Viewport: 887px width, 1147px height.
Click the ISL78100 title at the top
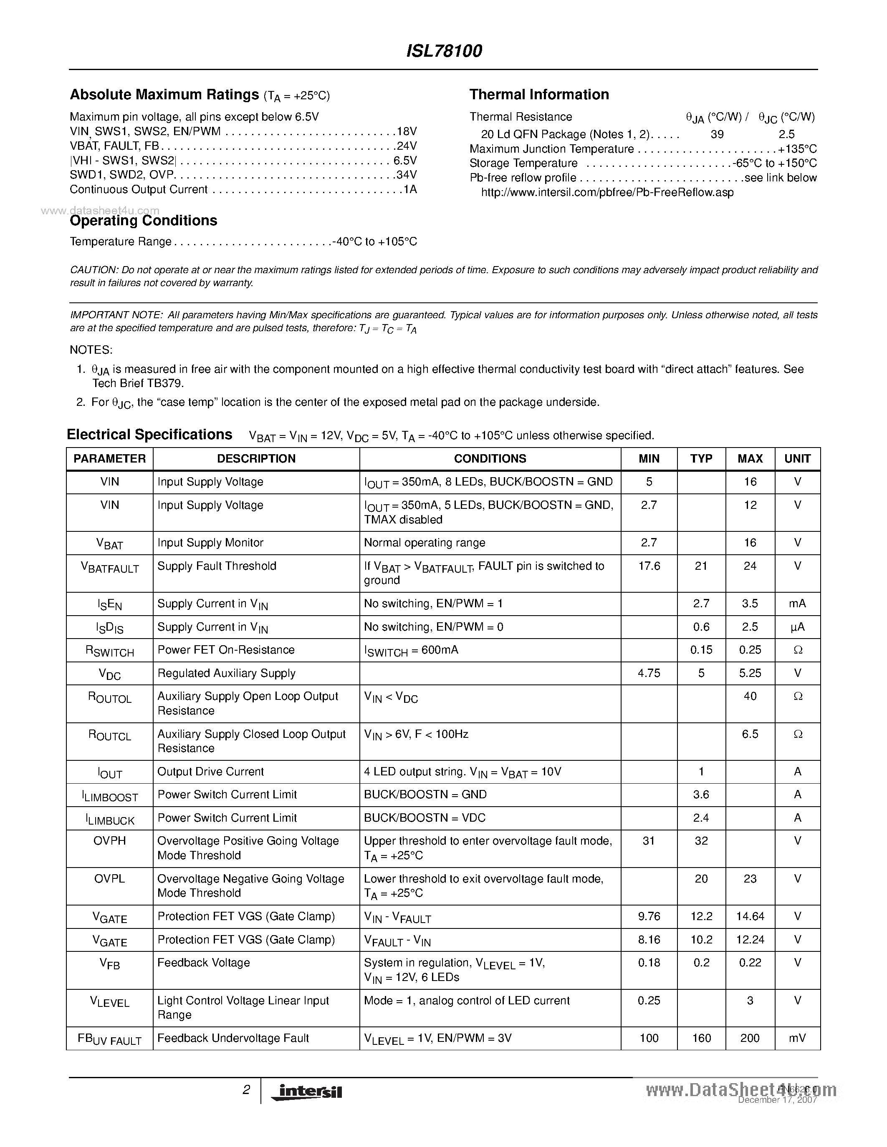coord(444,51)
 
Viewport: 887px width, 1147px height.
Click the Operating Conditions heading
coord(144,221)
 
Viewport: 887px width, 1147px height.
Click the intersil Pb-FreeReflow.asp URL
coord(607,193)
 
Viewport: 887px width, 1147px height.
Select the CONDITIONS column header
coord(490,458)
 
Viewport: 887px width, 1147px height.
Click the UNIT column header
coord(797,458)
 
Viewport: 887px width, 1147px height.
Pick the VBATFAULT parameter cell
coord(110,567)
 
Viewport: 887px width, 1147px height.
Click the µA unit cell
coord(797,627)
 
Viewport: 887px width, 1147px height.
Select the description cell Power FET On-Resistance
coord(226,650)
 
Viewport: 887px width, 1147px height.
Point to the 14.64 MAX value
coord(750,916)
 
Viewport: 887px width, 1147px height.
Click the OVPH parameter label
coord(110,841)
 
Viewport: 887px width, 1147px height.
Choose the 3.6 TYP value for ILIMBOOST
coord(701,795)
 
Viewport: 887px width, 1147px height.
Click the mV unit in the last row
coord(797,1038)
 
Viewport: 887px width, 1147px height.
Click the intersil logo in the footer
coord(306,1092)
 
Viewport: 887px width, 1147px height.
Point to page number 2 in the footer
coord(246,1090)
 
